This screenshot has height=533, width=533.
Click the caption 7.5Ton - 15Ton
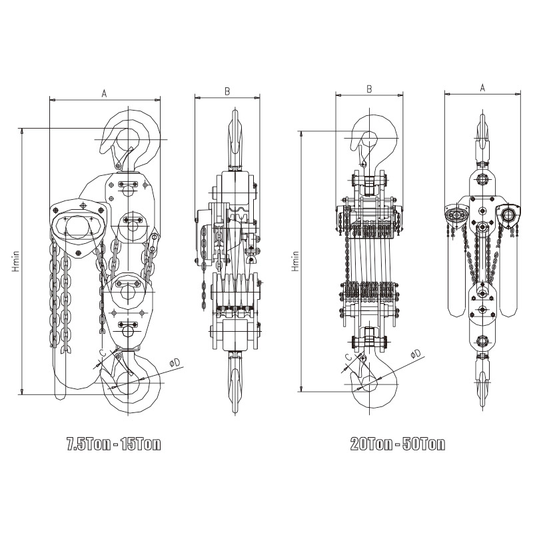coord(113,444)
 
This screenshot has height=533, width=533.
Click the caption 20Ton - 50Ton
coord(397,444)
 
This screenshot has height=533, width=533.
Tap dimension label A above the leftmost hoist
coord(105,93)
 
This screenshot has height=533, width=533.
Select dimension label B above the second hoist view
coord(227,91)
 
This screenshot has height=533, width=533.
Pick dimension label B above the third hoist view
coord(369,89)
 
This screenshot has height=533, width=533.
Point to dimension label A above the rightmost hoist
coord(482,88)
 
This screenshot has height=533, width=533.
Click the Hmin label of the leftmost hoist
coord(15,261)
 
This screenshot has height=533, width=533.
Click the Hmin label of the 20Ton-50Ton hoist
coord(295,261)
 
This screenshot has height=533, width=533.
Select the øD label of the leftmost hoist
coord(175,363)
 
